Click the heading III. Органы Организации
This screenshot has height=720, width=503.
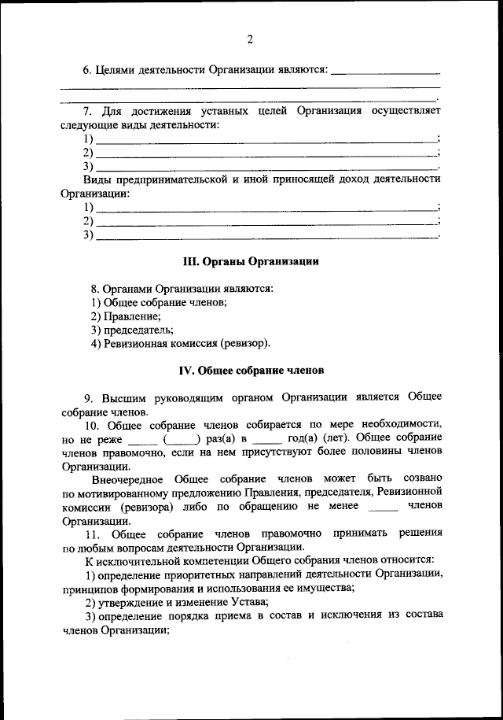pos(250,260)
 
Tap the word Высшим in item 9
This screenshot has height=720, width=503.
pos(123,397)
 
